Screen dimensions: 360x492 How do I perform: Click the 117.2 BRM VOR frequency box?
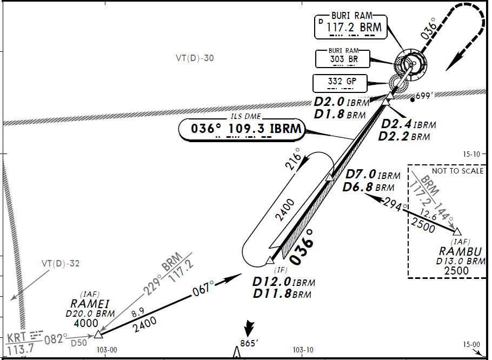(x=351, y=26)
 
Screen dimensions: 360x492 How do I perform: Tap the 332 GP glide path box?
(x=340, y=82)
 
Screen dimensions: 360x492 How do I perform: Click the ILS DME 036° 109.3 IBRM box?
(x=241, y=129)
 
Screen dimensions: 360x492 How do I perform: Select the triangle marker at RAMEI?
(x=98, y=335)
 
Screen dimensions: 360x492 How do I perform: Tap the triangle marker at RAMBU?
(x=457, y=232)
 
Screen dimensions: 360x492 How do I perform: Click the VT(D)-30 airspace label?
(x=195, y=58)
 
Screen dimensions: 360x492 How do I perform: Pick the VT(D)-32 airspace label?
(x=61, y=264)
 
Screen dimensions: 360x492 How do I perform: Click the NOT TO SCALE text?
(x=457, y=171)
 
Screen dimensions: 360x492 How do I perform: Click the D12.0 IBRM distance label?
(x=283, y=282)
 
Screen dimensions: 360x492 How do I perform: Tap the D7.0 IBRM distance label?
(x=373, y=175)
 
